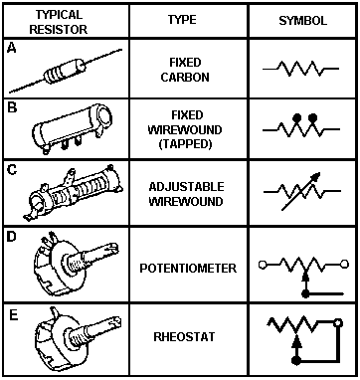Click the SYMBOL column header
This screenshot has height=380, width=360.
click(x=302, y=21)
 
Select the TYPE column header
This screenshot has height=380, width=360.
click(x=182, y=20)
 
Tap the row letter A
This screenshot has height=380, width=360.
click(x=12, y=49)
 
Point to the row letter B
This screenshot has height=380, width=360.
click(x=12, y=108)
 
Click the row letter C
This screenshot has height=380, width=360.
click(x=12, y=171)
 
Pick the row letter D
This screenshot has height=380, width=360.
click(x=12, y=237)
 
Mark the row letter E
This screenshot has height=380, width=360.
click(x=13, y=315)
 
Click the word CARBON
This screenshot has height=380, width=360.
click(x=185, y=78)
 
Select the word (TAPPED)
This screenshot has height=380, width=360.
click(x=185, y=145)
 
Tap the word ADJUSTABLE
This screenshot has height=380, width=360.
click(x=186, y=187)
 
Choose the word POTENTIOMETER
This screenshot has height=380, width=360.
click(x=188, y=268)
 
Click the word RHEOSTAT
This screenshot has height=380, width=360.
click(x=184, y=337)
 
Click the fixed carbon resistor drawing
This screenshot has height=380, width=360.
click(x=66, y=71)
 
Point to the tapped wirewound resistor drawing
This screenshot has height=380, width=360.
click(x=73, y=128)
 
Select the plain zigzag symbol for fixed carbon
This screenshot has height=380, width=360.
click(x=300, y=69)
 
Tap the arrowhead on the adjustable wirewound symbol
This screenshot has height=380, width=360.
click(x=316, y=176)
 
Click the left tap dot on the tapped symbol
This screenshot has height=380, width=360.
click(x=297, y=117)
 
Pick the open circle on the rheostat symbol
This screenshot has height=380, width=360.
click(x=338, y=322)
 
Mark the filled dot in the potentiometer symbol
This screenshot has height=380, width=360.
click(x=305, y=293)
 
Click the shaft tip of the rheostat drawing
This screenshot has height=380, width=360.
click(x=114, y=321)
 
